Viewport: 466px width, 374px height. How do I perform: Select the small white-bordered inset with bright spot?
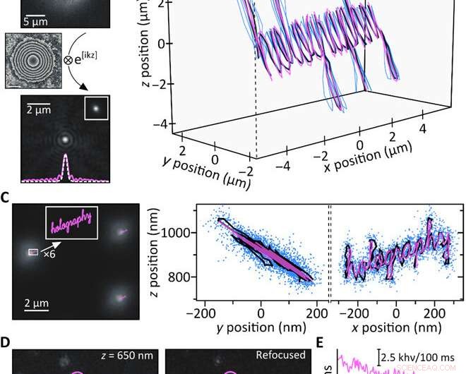coord(95,109)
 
